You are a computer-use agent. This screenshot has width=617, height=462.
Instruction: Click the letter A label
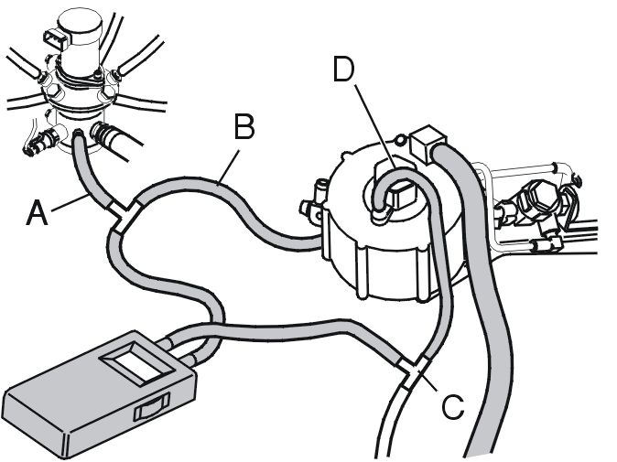[37, 213]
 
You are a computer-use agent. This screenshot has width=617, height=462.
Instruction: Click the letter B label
[244, 126]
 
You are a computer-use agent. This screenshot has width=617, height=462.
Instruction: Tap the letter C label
[453, 406]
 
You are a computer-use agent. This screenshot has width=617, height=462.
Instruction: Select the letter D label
[343, 70]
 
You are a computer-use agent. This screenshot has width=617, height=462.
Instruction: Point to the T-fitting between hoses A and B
[123, 215]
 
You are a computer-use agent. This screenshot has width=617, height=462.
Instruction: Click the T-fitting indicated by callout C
[414, 369]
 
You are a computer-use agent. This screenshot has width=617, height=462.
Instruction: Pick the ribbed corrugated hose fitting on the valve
[103, 134]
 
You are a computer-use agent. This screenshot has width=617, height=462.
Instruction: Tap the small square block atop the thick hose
[427, 143]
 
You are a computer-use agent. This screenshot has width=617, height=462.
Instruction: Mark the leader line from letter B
[228, 167]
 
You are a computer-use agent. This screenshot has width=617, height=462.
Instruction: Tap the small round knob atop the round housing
[400, 139]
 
